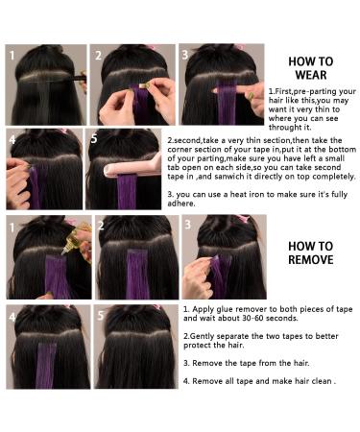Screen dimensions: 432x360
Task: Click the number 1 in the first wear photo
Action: [13, 56]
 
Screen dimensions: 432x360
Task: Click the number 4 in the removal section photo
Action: [13, 315]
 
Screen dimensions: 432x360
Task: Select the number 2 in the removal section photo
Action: [104, 227]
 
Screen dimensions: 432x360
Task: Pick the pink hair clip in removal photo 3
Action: [244, 220]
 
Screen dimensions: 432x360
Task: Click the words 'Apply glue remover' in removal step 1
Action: [228, 310]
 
